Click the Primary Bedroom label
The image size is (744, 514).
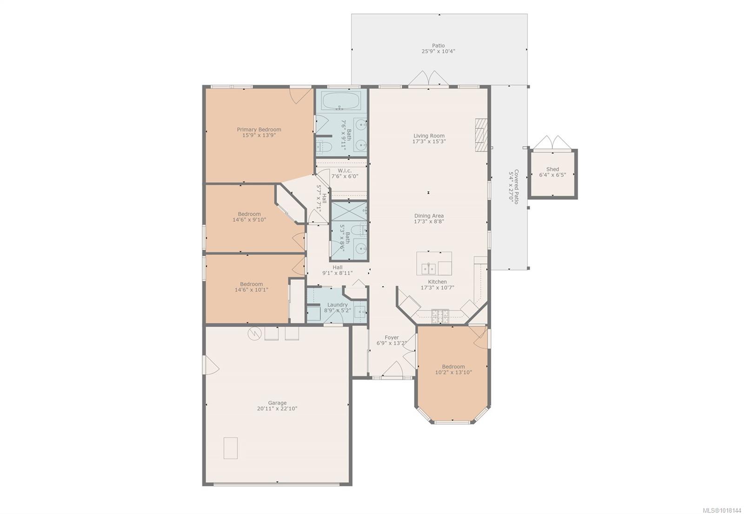click(259, 130)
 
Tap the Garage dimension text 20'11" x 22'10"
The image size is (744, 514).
click(277, 409)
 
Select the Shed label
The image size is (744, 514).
click(553, 169)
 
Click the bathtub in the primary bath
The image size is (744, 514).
click(341, 101)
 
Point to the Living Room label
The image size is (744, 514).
click(429, 136)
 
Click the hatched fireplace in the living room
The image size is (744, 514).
click(481, 135)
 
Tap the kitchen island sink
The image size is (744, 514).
click(428, 268)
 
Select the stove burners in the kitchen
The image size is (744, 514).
click(440, 316)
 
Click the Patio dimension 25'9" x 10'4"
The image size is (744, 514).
click(438, 51)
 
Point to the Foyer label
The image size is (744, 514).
click(392, 337)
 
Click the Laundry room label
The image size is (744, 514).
click(338, 304)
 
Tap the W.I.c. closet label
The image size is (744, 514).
click(345, 171)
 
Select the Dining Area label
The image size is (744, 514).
click(429, 216)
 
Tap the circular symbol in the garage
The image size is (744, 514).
click(254, 333)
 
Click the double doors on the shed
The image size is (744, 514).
click(552, 142)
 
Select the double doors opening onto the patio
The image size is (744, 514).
click(428, 78)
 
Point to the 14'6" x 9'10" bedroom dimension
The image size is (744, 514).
click(249, 219)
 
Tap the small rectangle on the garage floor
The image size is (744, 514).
click(231, 448)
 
